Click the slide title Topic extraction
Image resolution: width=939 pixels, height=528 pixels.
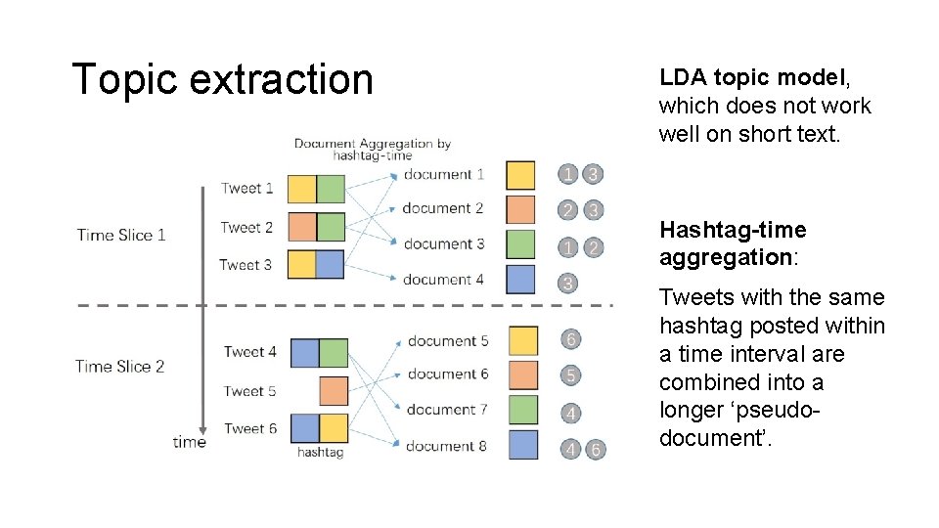pos(223,79)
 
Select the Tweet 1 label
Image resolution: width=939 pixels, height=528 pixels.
pos(246,189)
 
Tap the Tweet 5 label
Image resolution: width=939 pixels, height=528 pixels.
pos(249,391)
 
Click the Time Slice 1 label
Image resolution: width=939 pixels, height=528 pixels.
pos(121,235)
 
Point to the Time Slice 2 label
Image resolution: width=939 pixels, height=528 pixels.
pos(119,367)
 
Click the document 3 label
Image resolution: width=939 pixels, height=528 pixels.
pos(443,243)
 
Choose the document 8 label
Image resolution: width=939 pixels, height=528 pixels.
pos(445,446)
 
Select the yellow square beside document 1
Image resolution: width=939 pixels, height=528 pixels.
pos(521,175)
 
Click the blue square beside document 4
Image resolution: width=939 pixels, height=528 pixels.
pos(521,280)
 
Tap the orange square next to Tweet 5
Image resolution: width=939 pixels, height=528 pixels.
pos(334,391)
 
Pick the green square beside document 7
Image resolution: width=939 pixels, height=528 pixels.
pos(523,410)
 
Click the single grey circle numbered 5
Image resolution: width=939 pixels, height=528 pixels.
pos(570,375)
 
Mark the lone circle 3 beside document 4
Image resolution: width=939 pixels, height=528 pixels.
pos(568,284)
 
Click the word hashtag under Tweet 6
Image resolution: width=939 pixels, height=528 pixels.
pos(319,453)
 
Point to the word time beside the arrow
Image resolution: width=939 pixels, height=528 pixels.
pos(188,442)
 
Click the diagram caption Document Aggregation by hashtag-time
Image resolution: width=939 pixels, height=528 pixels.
pos(372,149)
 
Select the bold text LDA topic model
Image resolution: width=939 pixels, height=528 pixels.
pos(736,77)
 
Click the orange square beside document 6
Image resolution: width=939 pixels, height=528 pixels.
pos(523,374)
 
